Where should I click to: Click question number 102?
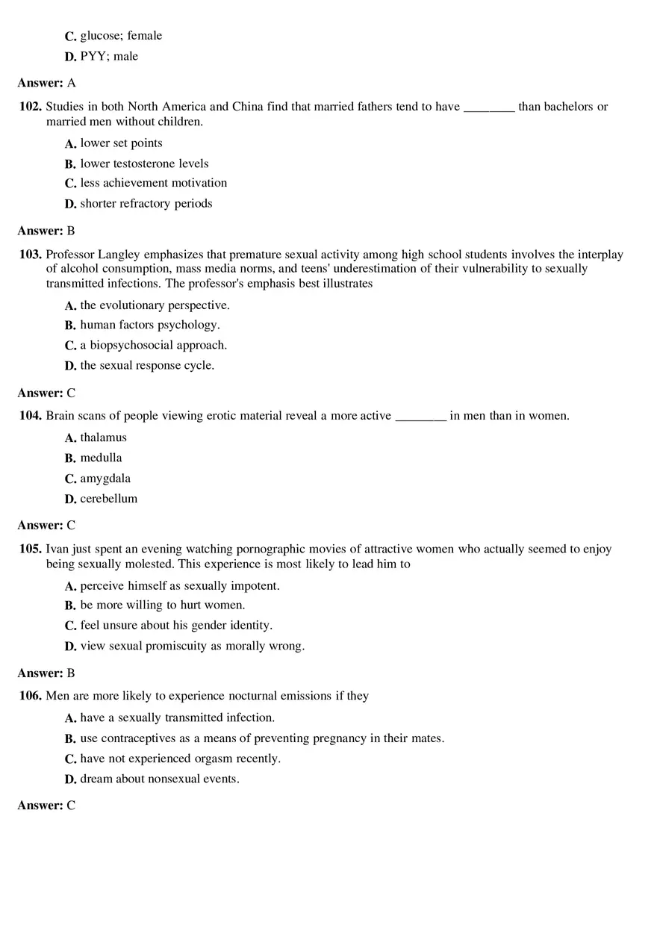click(31, 107)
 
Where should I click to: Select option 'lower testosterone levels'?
click(144, 164)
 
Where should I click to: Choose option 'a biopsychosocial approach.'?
click(153, 345)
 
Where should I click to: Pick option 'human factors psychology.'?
click(149, 325)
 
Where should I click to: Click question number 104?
click(31, 416)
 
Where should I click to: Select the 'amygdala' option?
click(105, 479)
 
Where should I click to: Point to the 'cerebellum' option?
click(108, 499)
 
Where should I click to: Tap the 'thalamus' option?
click(103, 438)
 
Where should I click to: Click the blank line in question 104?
click(420, 418)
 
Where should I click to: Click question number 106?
click(31, 696)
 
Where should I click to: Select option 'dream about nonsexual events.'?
click(160, 779)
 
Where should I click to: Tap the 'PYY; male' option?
click(109, 56)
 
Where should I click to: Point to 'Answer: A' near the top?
click(46, 83)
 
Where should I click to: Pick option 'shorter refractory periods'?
click(146, 204)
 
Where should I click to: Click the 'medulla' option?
click(101, 458)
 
